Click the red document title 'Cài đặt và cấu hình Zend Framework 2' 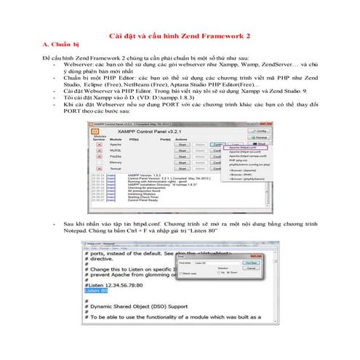tap(180, 34)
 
